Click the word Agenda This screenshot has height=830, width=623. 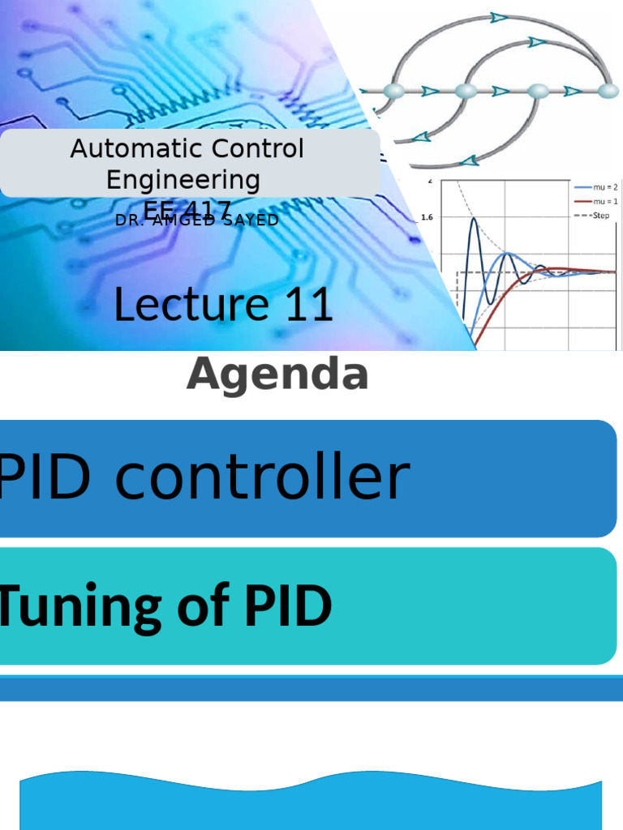coord(277,375)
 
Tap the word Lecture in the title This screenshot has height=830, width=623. coord(191,306)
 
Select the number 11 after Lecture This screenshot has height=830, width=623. coord(308,306)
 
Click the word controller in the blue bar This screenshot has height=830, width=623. coord(261,478)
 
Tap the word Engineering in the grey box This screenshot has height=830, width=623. coord(183,179)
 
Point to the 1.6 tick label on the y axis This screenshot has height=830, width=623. coord(428,217)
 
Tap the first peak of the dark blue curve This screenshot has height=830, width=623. coord(475,219)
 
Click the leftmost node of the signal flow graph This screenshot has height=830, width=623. coord(393,91)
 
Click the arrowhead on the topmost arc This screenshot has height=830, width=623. coord(499,17)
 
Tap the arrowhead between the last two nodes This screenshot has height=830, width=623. coord(572,91)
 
